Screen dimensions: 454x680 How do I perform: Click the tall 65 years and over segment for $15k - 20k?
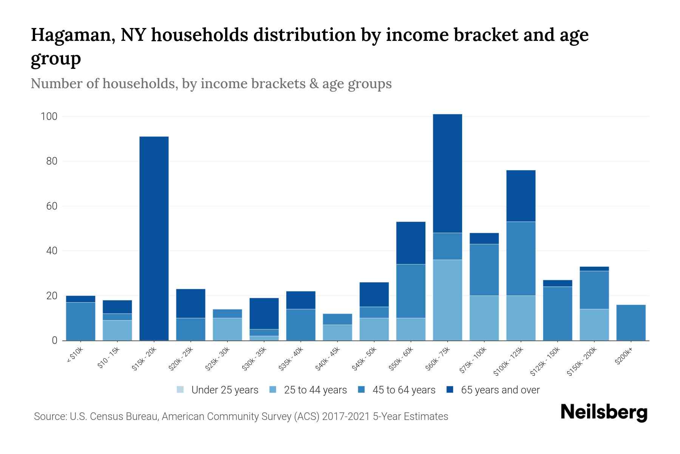pyautogui.click(x=154, y=238)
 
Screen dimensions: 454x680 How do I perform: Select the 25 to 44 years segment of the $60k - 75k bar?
pyautogui.click(x=447, y=300)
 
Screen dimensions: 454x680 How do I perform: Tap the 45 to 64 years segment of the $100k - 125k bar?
pyautogui.click(x=521, y=258)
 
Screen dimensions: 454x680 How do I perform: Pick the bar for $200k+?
pyautogui.click(x=631, y=323)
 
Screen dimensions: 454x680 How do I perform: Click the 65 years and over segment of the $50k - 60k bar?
pyautogui.click(x=411, y=243)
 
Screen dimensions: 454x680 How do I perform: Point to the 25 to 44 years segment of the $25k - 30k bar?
pyautogui.click(x=227, y=329)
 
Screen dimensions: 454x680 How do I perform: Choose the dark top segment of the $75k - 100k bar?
pyautogui.click(x=484, y=238)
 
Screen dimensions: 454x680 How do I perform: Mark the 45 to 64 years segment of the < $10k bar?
pyautogui.click(x=80, y=321)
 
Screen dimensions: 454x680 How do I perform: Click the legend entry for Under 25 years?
pyautogui.click(x=218, y=390)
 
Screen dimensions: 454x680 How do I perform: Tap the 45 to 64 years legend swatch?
pyautogui.click(x=362, y=390)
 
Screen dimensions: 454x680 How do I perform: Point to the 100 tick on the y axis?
pyautogui.click(x=49, y=117)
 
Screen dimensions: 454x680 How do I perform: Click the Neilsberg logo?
pyautogui.click(x=604, y=412)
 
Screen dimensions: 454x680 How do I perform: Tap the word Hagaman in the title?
pyautogui.click(x=73, y=35)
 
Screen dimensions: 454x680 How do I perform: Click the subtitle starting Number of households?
pyautogui.click(x=211, y=84)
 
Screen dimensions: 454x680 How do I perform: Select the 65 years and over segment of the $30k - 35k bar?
pyautogui.click(x=264, y=314)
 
